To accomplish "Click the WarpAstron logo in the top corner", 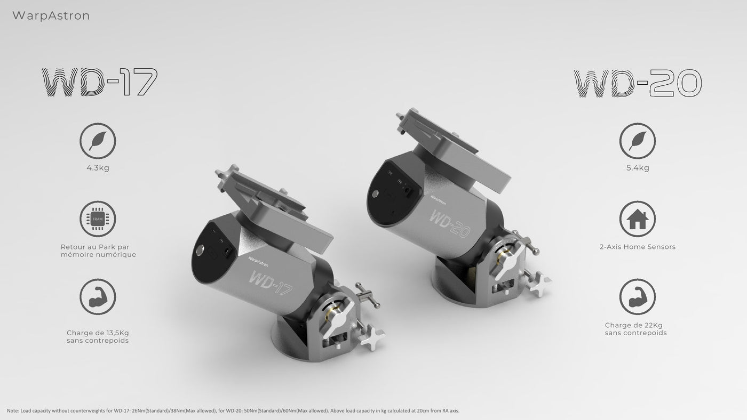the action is [x=51, y=15].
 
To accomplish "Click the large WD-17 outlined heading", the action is [x=99, y=82].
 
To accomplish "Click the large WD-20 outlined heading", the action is [x=638, y=83].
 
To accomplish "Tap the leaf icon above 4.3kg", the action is [x=98, y=141].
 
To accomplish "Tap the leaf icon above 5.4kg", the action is [x=637, y=141].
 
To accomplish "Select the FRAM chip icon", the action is [x=98, y=219].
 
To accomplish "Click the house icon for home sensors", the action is [x=637, y=219].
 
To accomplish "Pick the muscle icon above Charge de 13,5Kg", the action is [x=98, y=297].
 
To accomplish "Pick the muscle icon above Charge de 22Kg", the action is [x=637, y=297].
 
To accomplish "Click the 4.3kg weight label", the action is [x=98, y=168].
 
